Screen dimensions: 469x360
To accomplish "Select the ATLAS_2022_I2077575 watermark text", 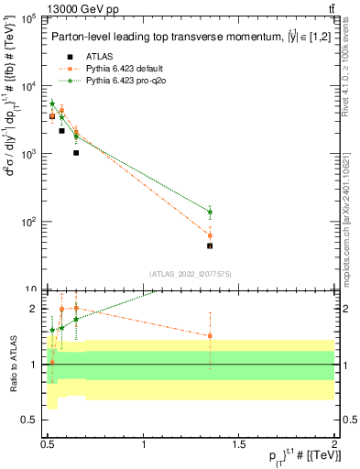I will coord(191,273).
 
